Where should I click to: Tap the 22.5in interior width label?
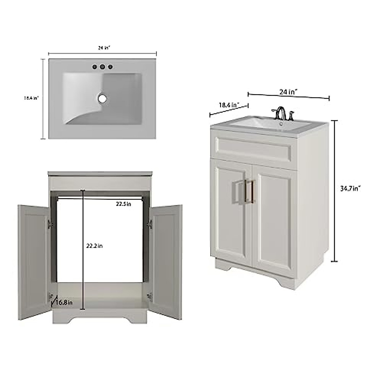[123, 204]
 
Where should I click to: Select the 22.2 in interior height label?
[95, 246]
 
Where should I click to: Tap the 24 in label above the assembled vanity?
[288, 92]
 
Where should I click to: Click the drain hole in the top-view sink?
[103, 98]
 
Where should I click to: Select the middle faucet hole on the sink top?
[103, 67]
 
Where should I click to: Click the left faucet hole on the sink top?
[95, 67]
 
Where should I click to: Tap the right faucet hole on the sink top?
[110, 67]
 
